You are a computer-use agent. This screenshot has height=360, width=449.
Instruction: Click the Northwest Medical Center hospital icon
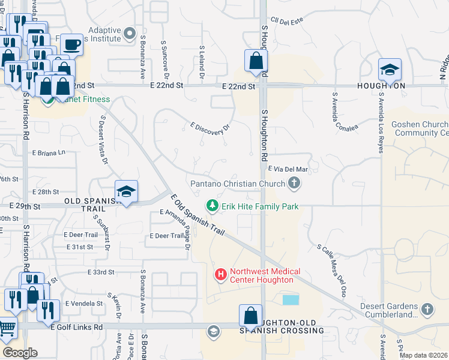[220, 275]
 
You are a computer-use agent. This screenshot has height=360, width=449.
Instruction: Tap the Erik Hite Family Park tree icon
[212, 206]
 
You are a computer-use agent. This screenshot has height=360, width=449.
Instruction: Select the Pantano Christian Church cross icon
[294, 184]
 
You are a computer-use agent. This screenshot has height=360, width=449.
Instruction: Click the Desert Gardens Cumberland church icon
[427, 310]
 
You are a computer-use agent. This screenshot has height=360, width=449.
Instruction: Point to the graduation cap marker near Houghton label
[390, 70]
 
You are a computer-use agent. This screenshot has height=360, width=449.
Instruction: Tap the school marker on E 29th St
[126, 191]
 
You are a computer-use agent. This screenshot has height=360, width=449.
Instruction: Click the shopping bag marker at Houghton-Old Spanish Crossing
[250, 316]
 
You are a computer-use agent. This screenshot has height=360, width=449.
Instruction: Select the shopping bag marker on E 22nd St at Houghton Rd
[256, 61]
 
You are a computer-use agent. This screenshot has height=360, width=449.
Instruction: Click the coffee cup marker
[71, 44]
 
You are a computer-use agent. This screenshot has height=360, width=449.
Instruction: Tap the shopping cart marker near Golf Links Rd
[6, 328]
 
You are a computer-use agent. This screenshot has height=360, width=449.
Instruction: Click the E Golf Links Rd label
[77, 327]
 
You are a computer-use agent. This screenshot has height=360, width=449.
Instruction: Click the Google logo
[20, 352]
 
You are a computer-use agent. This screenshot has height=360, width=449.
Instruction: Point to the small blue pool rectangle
[290, 299]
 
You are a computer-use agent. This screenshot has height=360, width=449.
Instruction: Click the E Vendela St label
[83, 303]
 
